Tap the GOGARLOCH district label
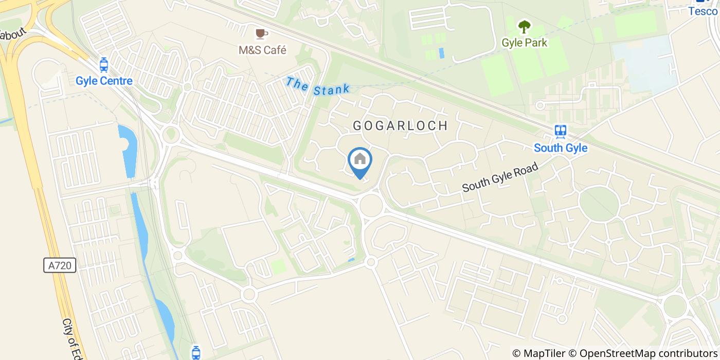coord(400,125)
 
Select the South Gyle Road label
coord(500,177)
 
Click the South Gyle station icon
coord(560,131)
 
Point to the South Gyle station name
coord(560,148)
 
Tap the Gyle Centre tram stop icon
coord(104,65)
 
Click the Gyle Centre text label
coord(104,81)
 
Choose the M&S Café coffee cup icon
coord(262,34)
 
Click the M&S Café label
coord(262,50)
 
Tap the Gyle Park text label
coord(524,42)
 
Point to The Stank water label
coord(318,86)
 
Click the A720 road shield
coord(60,265)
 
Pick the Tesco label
coord(703,11)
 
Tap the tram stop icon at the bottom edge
coord(195,352)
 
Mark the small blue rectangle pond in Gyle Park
coord(441,52)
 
